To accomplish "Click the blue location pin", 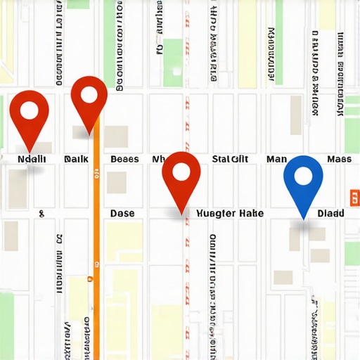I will tap(303, 180).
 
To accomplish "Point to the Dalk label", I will tap(76, 160).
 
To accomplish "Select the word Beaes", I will tap(124, 160).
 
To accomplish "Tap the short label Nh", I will tap(158, 160).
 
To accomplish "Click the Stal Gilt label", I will tap(230, 160).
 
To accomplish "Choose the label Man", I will tap(276, 160).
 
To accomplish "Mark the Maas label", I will tap(339, 160).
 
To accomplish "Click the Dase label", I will tap(122, 212).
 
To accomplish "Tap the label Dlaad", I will tap(330, 212).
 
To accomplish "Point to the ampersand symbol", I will tap(42, 212).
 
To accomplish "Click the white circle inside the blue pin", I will tap(303, 174).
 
